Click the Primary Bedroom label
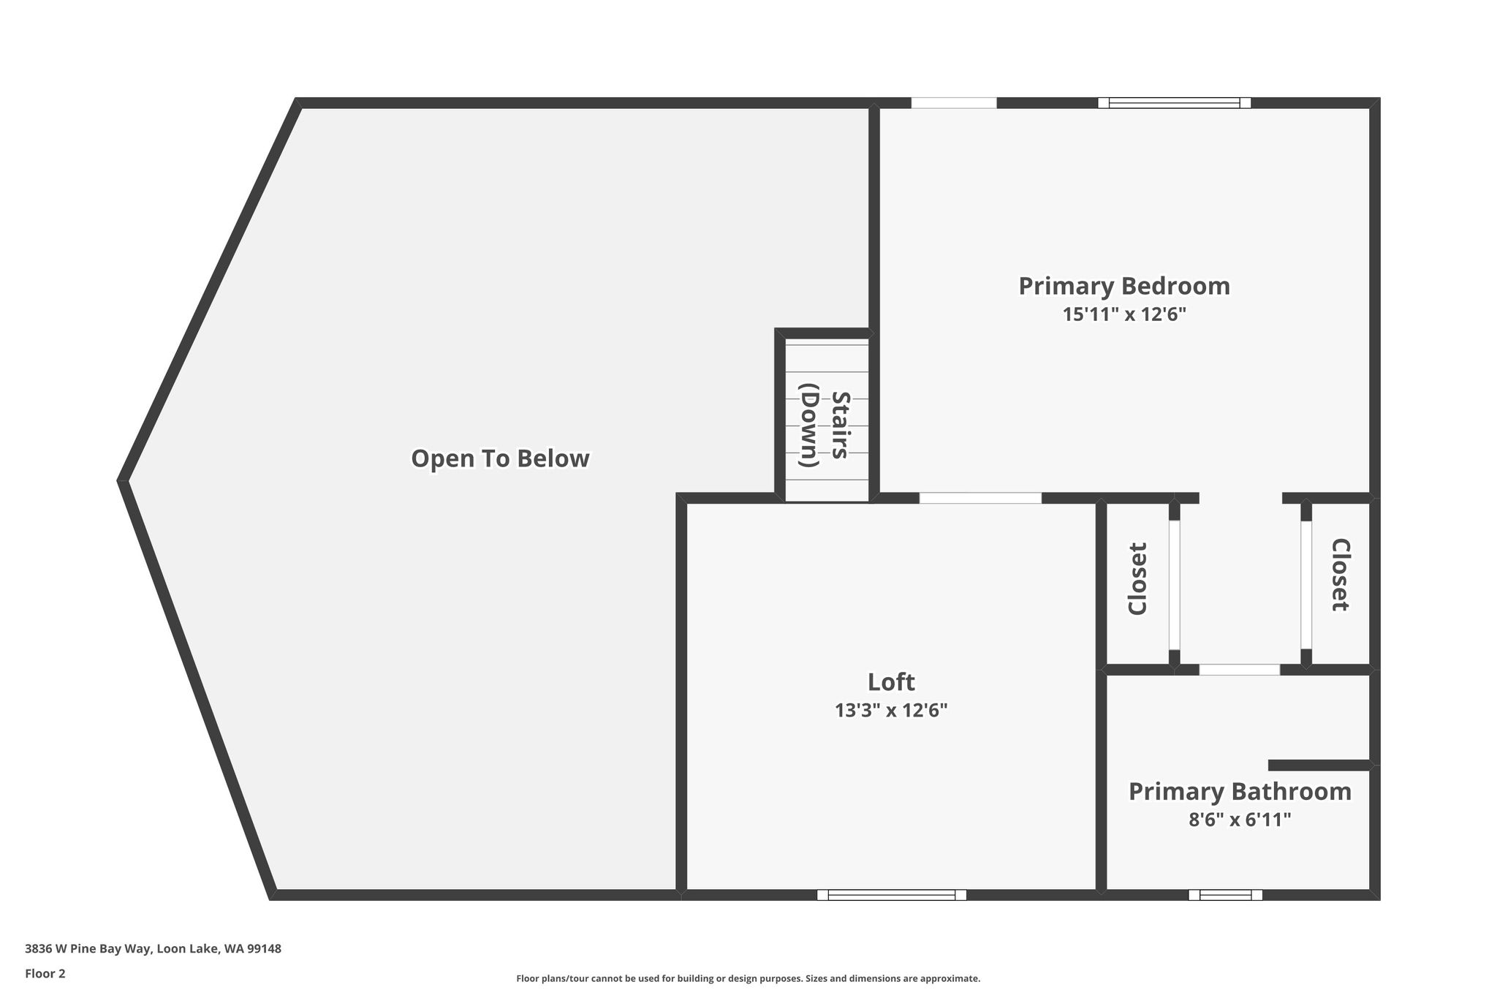pyautogui.click(x=1124, y=286)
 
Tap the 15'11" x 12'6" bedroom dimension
pyautogui.click(x=1124, y=314)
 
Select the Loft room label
pyautogui.click(x=891, y=681)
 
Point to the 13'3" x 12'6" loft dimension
pyautogui.click(x=891, y=710)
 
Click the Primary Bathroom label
pyautogui.click(x=1240, y=792)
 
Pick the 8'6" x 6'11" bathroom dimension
pyautogui.click(x=1240, y=820)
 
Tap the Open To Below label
pyautogui.click(x=500, y=458)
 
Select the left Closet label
pyautogui.click(x=1137, y=578)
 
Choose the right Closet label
pyautogui.click(x=1340, y=575)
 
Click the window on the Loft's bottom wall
pyautogui.click(x=892, y=895)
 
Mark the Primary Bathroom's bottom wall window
pyautogui.click(x=1225, y=895)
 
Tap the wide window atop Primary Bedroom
pyautogui.click(x=1174, y=103)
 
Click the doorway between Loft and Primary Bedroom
pyautogui.click(x=980, y=498)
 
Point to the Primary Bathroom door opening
pyautogui.click(x=1240, y=670)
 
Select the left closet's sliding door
pyautogui.click(x=1174, y=585)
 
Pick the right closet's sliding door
pyautogui.click(x=1306, y=585)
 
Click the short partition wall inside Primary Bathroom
pyautogui.click(x=1319, y=765)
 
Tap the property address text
pyautogui.click(x=153, y=949)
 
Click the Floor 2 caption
pyautogui.click(x=45, y=974)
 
